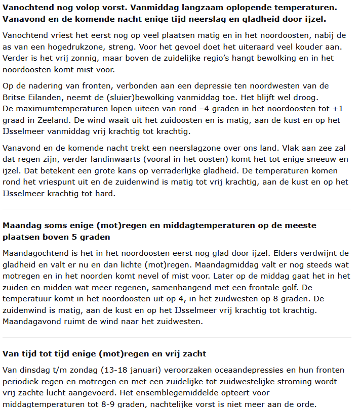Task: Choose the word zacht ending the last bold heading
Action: [x=195, y=353]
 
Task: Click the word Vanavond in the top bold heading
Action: [x=22, y=19]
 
